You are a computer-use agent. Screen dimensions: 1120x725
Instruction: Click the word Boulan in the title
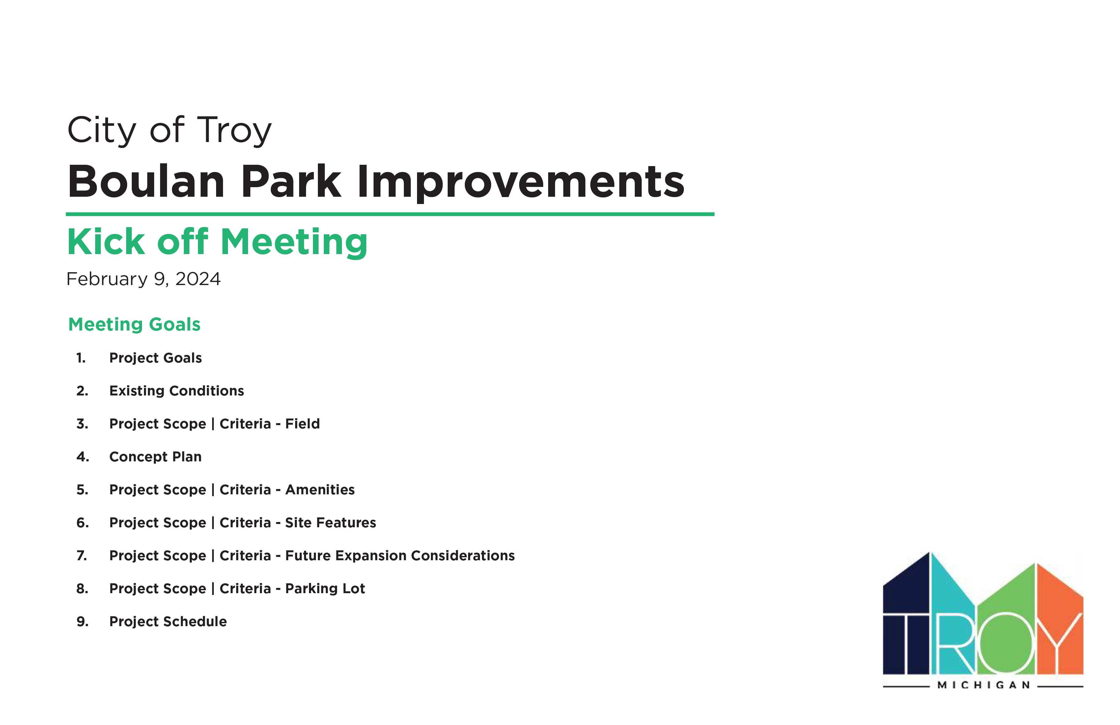click(x=146, y=182)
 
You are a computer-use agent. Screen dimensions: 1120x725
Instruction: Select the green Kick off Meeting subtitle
click(x=217, y=242)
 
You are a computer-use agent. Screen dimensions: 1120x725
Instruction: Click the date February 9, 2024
click(x=144, y=279)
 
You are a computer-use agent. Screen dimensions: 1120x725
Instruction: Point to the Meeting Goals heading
click(x=135, y=324)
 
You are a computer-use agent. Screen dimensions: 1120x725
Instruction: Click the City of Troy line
click(x=169, y=130)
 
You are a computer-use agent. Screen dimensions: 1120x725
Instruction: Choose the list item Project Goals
click(x=155, y=358)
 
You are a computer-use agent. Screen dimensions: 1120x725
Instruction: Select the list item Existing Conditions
click(x=177, y=391)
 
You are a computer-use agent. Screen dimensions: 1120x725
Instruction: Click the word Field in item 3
click(x=303, y=424)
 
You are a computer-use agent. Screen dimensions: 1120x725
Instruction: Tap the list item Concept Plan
click(x=155, y=457)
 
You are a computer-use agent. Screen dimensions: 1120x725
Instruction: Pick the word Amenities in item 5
click(x=320, y=490)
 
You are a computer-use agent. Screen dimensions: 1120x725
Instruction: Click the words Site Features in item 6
click(x=330, y=523)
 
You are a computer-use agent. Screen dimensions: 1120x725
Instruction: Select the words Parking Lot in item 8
click(x=325, y=589)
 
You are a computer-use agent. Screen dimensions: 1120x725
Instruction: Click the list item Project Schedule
click(x=168, y=622)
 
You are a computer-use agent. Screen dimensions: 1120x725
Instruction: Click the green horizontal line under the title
click(x=390, y=214)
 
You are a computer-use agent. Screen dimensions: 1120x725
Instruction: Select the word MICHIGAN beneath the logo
click(x=984, y=685)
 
